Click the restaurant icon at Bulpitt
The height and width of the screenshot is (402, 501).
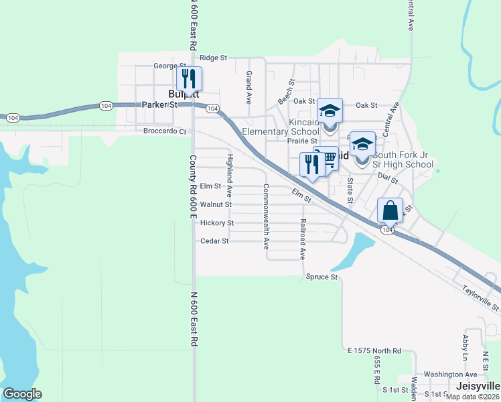coord(189,79)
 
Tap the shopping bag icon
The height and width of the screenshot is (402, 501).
coord(390,211)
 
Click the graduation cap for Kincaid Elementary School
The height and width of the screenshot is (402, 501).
coord(330,110)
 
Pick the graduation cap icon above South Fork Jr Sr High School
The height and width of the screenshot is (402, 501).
coord(362,144)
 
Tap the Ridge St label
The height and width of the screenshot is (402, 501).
coord(214,58)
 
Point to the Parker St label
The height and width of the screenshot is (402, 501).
coord(159,105)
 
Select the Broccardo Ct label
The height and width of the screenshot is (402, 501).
coord(165,131)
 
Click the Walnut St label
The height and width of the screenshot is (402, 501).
coord(216,204)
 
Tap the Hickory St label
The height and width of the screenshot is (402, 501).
coord(216,222)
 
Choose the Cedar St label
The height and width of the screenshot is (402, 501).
coord(216,241)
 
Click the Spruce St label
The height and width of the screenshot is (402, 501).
coord(321,277)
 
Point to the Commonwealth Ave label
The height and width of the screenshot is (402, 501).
coord(266,213)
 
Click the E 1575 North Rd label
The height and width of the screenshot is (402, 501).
coord(374,350)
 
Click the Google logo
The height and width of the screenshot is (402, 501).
coord(22,394)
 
